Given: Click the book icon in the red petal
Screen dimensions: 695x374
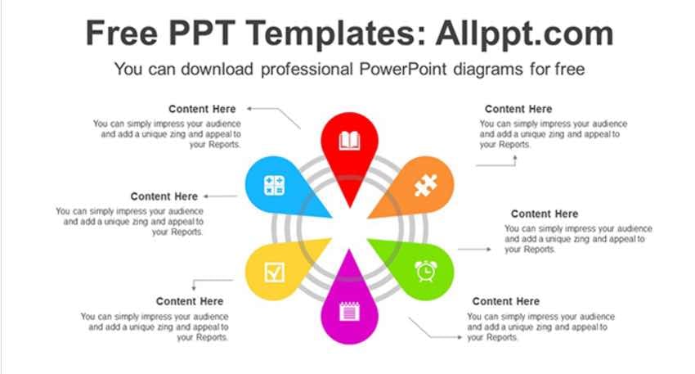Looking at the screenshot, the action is click(349, 141).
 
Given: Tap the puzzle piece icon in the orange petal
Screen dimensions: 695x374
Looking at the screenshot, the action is click(425, 185).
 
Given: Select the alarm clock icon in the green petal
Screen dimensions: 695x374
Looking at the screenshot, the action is click(426, 271).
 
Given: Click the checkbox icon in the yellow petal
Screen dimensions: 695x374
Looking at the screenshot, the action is click(275, 272).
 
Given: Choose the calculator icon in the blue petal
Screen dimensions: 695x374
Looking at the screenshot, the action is click(274, 186).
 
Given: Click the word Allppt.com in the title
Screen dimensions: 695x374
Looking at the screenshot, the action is click(524, 34).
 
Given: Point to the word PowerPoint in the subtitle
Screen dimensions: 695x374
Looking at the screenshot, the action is click(402, 70).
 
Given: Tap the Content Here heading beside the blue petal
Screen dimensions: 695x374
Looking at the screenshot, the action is click(164, 196).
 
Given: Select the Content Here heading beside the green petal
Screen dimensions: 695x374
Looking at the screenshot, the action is click(545, 214).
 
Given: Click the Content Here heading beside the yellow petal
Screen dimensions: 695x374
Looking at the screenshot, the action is click(189, 301).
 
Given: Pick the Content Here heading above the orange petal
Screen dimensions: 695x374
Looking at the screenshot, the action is click(518, 109).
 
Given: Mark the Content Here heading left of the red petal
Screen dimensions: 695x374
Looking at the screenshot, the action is click(202, 109).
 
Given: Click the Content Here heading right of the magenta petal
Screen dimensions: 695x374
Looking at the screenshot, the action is click(506, 301).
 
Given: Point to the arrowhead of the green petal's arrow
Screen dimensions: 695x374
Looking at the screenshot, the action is click(489, 250).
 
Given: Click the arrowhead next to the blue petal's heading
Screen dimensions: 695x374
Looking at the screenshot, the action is click(206, 196).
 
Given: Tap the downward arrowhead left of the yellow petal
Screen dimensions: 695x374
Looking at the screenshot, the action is click(194, 288).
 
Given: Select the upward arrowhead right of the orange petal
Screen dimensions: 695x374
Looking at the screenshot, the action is click(515, 157).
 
